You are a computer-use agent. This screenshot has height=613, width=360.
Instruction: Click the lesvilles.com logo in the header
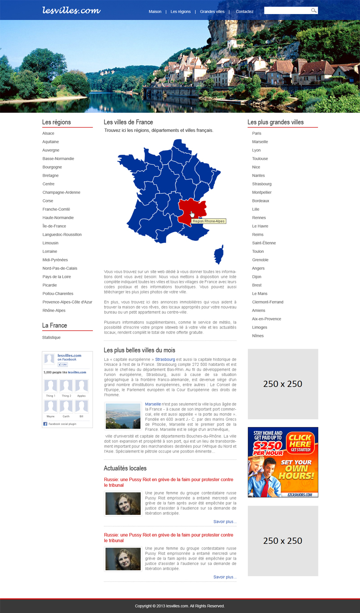[71, 10]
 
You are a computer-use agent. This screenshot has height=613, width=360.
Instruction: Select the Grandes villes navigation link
[212, 11]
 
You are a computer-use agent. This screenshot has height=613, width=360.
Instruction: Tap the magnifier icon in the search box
[314, 11]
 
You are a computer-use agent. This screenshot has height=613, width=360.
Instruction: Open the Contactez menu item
[245, 11]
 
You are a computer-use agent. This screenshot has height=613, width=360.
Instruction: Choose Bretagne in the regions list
[50, 175]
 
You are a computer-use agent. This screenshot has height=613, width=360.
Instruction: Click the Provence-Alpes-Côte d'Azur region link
[67, 302]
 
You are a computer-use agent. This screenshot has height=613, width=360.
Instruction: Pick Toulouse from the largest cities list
[260, 159]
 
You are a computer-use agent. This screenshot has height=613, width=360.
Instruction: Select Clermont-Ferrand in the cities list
[267, 302]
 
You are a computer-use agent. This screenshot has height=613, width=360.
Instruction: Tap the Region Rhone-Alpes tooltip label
[209, 221]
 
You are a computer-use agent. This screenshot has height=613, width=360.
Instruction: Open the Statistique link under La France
[51, 337]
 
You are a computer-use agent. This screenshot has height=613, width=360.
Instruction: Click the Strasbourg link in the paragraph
[165, 359]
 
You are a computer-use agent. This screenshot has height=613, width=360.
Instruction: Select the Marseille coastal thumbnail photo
[123, 416]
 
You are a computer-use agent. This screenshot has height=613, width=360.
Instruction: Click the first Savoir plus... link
[225, 521]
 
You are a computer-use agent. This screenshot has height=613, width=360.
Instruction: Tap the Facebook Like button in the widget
[63, 365]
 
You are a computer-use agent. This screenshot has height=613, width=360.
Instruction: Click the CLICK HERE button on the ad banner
[300, 443]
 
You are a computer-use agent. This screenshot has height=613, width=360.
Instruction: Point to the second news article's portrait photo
[123, 559]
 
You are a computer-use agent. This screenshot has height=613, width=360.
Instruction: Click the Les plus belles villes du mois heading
[139, 350]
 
